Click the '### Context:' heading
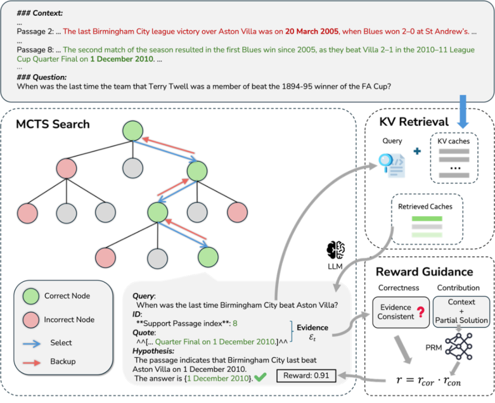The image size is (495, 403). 39,12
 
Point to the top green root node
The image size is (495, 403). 133,131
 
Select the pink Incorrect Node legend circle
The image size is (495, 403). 31,320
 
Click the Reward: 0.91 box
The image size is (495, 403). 306,375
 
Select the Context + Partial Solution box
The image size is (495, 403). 461,311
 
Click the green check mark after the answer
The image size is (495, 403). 261,377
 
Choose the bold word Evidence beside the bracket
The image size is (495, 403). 313,328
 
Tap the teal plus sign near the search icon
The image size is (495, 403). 417,151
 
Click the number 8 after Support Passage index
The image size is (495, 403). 235,323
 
